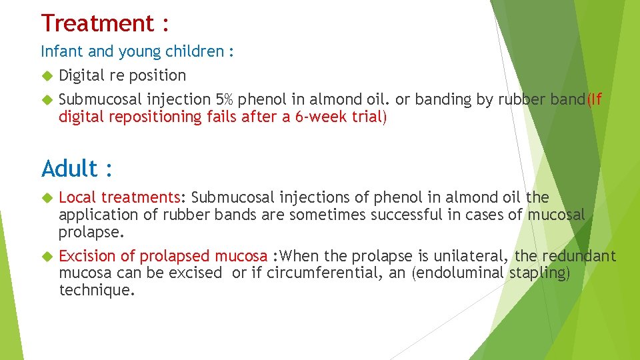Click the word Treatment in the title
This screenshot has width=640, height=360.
(97, 23)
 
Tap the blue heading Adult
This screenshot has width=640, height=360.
(70, 169)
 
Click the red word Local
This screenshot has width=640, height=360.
(78, 197)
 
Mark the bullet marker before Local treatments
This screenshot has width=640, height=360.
(47, 198)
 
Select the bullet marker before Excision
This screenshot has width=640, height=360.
(47, 257)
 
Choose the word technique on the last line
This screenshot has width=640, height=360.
(97, 291)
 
